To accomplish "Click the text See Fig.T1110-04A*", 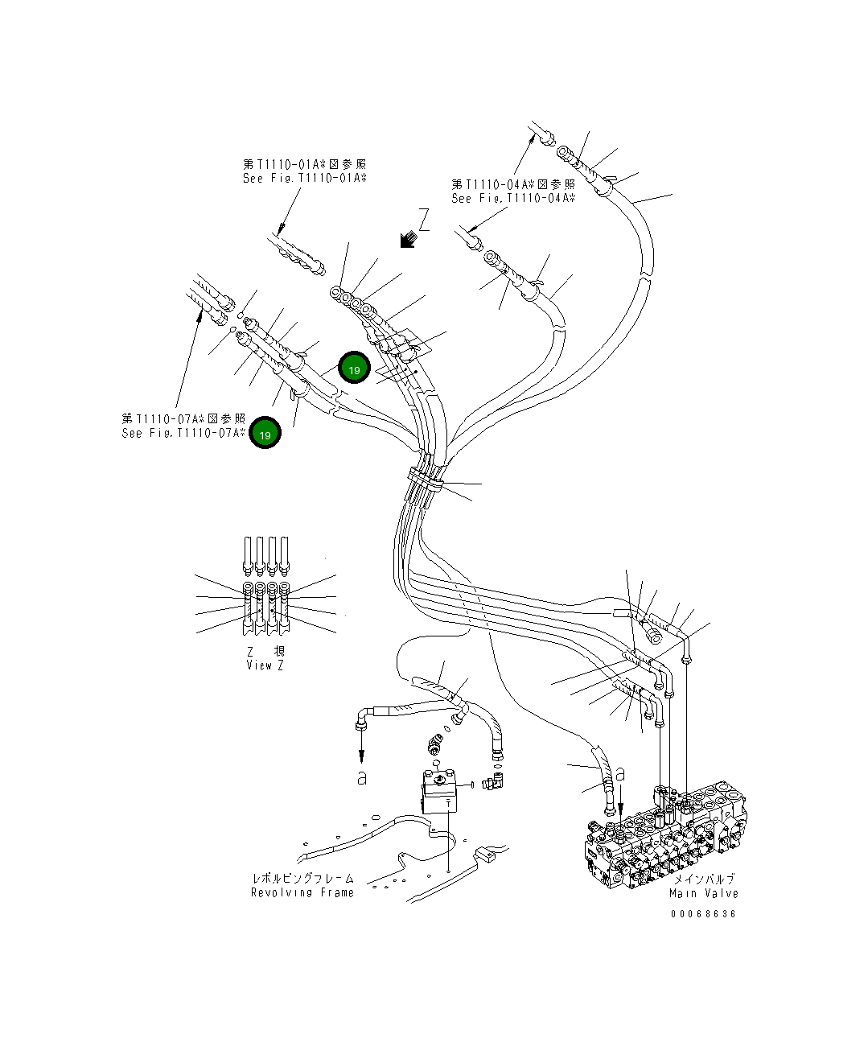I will point(513,198).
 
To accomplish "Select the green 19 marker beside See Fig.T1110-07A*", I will point(265,433).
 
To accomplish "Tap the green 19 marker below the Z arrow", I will point(353,368).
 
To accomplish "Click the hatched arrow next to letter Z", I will point(408,238).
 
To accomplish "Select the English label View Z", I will point(265,665).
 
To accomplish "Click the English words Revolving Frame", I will point(302,892).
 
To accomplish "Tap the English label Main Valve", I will point(704,893).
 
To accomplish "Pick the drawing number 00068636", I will point(703,914).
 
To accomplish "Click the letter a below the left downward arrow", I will point(362,778).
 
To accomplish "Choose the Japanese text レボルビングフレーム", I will point(302,879).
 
